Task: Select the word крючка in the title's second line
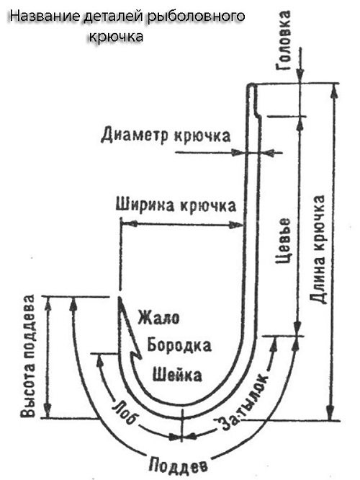[116, 37]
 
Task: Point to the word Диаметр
[134, 135]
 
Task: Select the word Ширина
[146, 205]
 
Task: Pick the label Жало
[158, 317]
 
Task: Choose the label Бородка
[179, 345]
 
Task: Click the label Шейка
[177, 374]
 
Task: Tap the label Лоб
[124, 413]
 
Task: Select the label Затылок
[243, 402]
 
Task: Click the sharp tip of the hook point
[120, 297]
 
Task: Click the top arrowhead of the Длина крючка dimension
[335, 91]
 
